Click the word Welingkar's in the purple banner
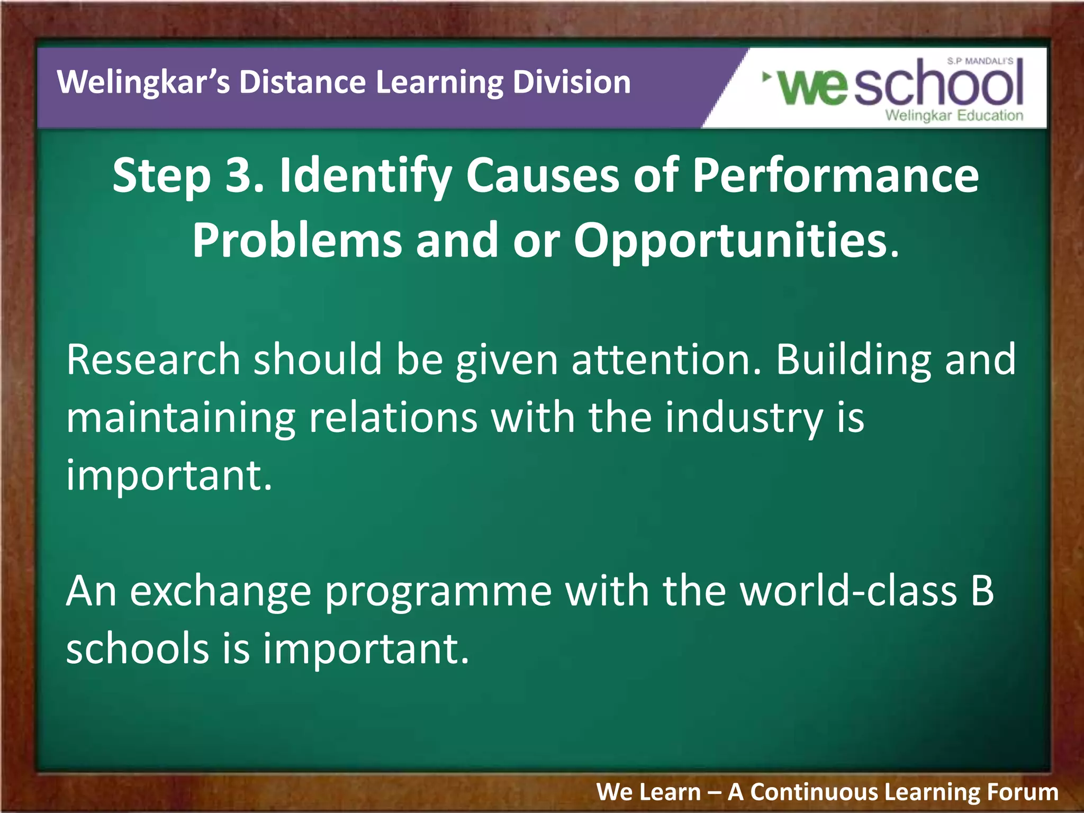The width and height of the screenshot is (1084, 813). click(143, 83)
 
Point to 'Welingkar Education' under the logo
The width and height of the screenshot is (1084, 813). click(954, 115)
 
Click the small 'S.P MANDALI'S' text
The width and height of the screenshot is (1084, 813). click(980, 61)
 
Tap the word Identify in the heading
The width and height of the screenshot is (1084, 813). click(365, 177)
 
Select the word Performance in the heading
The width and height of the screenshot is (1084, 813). click(835, 176)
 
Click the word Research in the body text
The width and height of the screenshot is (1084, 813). click(153, 360)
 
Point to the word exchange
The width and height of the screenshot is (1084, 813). click(220, 592)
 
